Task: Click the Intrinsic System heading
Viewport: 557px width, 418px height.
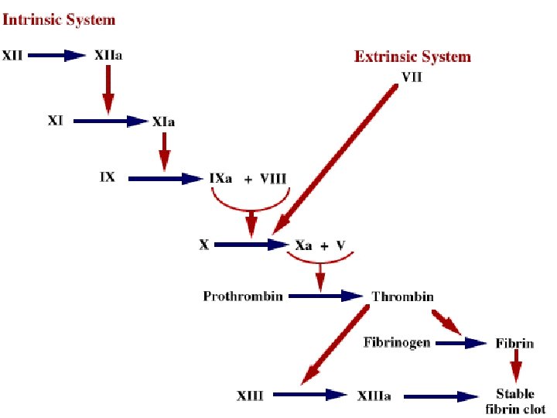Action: (59, 19)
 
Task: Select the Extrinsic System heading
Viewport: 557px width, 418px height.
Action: (412, 57)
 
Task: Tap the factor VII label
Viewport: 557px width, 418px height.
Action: (412, 76)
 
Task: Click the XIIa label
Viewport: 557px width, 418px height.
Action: (108, 56)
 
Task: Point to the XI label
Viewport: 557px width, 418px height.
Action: (55, 122)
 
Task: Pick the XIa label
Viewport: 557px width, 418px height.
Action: (163, 122)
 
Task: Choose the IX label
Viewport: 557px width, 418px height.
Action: (107, 177)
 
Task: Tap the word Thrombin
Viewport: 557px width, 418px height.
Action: (402, 296)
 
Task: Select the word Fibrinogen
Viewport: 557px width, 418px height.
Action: (397, 342)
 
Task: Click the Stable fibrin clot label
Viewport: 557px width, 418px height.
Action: (514, 402)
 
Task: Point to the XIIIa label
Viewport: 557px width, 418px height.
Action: (374, 396)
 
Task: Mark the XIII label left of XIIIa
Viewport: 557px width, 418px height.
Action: (250, 396)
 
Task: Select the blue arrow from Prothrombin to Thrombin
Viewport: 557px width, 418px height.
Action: (329, 296)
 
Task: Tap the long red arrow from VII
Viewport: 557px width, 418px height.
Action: (337, 159)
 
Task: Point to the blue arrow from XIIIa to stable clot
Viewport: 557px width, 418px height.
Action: (441, 396)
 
